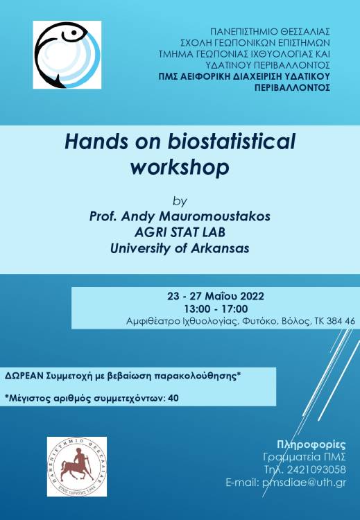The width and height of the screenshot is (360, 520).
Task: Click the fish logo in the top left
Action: pos(67,55)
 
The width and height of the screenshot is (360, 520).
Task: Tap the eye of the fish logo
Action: pos(74,33)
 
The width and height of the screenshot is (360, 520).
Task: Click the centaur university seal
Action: pos(77,467)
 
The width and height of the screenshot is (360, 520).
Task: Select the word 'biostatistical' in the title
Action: pos(231,141)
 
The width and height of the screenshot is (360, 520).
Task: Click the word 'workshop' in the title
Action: pos(180,167)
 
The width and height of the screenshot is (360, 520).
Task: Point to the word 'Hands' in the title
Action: pos(96,141)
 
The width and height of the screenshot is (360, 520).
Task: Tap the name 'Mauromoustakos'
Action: pos(214,216)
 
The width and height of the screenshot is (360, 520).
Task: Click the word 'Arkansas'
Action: pos(220,248)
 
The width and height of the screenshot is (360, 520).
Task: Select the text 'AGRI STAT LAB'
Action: pos(180,232)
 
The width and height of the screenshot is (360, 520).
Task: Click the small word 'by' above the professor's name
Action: pos(180,201)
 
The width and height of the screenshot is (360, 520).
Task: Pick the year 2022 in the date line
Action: pos(252,296)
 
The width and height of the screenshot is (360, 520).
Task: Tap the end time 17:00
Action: pos(235,309)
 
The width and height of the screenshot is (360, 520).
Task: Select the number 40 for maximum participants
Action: pos(173,398)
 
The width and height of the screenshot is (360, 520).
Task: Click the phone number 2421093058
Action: pos(316,469)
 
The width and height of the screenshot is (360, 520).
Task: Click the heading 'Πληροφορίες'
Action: pos(311,444)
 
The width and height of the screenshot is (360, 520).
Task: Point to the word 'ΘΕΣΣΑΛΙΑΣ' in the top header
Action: pos(305,31)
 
